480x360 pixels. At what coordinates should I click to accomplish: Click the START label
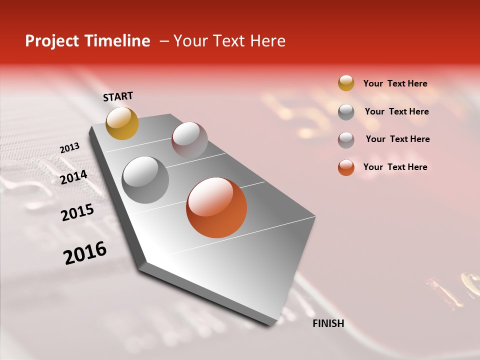(x=118, y=96)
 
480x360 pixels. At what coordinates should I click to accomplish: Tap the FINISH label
(x=328, y=323)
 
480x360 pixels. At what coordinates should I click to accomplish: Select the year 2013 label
(x=70, y=148)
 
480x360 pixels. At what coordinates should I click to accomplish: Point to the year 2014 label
(x=74, y=177)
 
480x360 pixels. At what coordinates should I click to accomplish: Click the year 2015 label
(x=77, y=212)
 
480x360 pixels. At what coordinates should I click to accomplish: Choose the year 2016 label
(x=85, y=252)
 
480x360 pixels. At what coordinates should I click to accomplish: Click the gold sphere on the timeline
(x=122, y=123)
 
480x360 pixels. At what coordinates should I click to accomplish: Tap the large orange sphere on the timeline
(x=216, y=207)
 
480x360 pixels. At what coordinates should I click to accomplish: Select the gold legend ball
(x=346, y=83)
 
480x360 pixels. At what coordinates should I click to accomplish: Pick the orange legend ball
(x=346, y=167)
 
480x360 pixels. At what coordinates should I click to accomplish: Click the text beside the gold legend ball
(x=395, y=83)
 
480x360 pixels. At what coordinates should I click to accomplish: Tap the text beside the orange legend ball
(x=395, y=167)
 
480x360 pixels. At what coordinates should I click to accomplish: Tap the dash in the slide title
(x=164, y=41)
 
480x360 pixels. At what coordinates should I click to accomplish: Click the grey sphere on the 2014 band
(x=145, y=180)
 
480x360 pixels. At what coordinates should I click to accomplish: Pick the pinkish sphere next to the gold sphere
(x=189, y=140)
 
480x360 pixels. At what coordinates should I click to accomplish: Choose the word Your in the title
(x=190, y=41)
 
